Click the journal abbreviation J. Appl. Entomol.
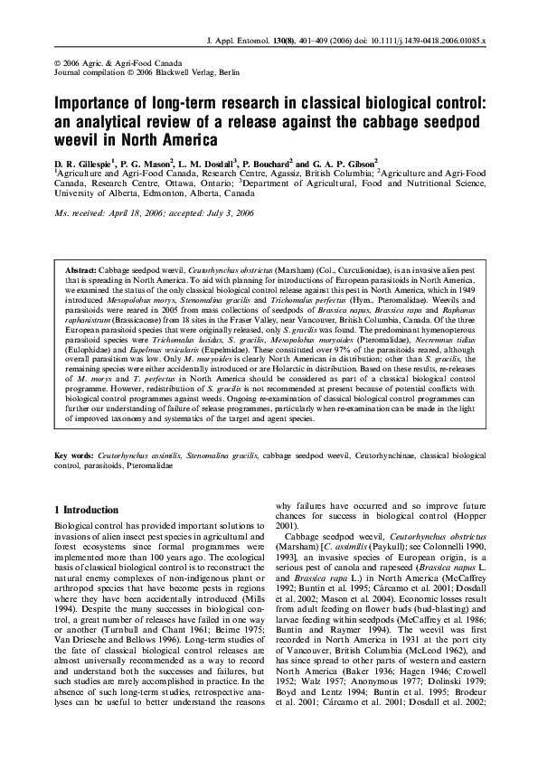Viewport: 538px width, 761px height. point(240,42)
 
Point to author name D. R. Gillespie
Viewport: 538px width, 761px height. point(89,160)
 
